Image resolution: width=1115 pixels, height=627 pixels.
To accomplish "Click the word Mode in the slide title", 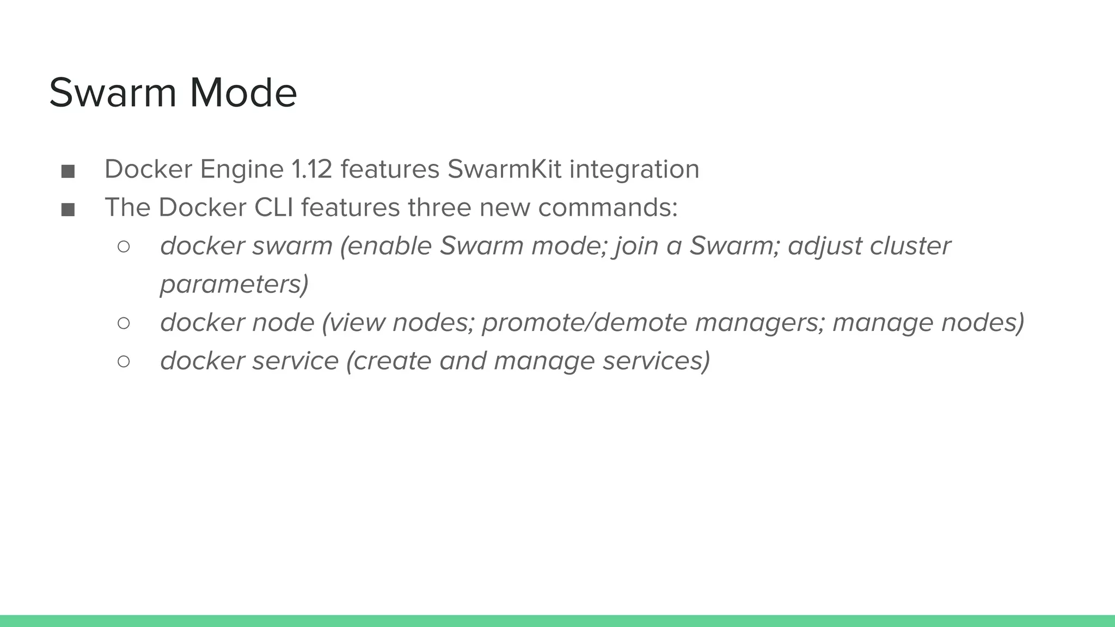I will [243, 93].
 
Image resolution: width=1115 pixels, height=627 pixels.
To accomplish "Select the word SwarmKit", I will [504, 169].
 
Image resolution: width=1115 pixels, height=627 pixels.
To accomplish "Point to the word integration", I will [634, 169].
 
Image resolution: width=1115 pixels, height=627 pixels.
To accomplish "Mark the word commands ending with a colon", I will [608, 207].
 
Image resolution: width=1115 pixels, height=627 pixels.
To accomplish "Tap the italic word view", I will [357, 323].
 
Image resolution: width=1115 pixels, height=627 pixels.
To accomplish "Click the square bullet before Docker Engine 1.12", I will [68, 171].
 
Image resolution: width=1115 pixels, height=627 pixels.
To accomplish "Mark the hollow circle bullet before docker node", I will [124, 323].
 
